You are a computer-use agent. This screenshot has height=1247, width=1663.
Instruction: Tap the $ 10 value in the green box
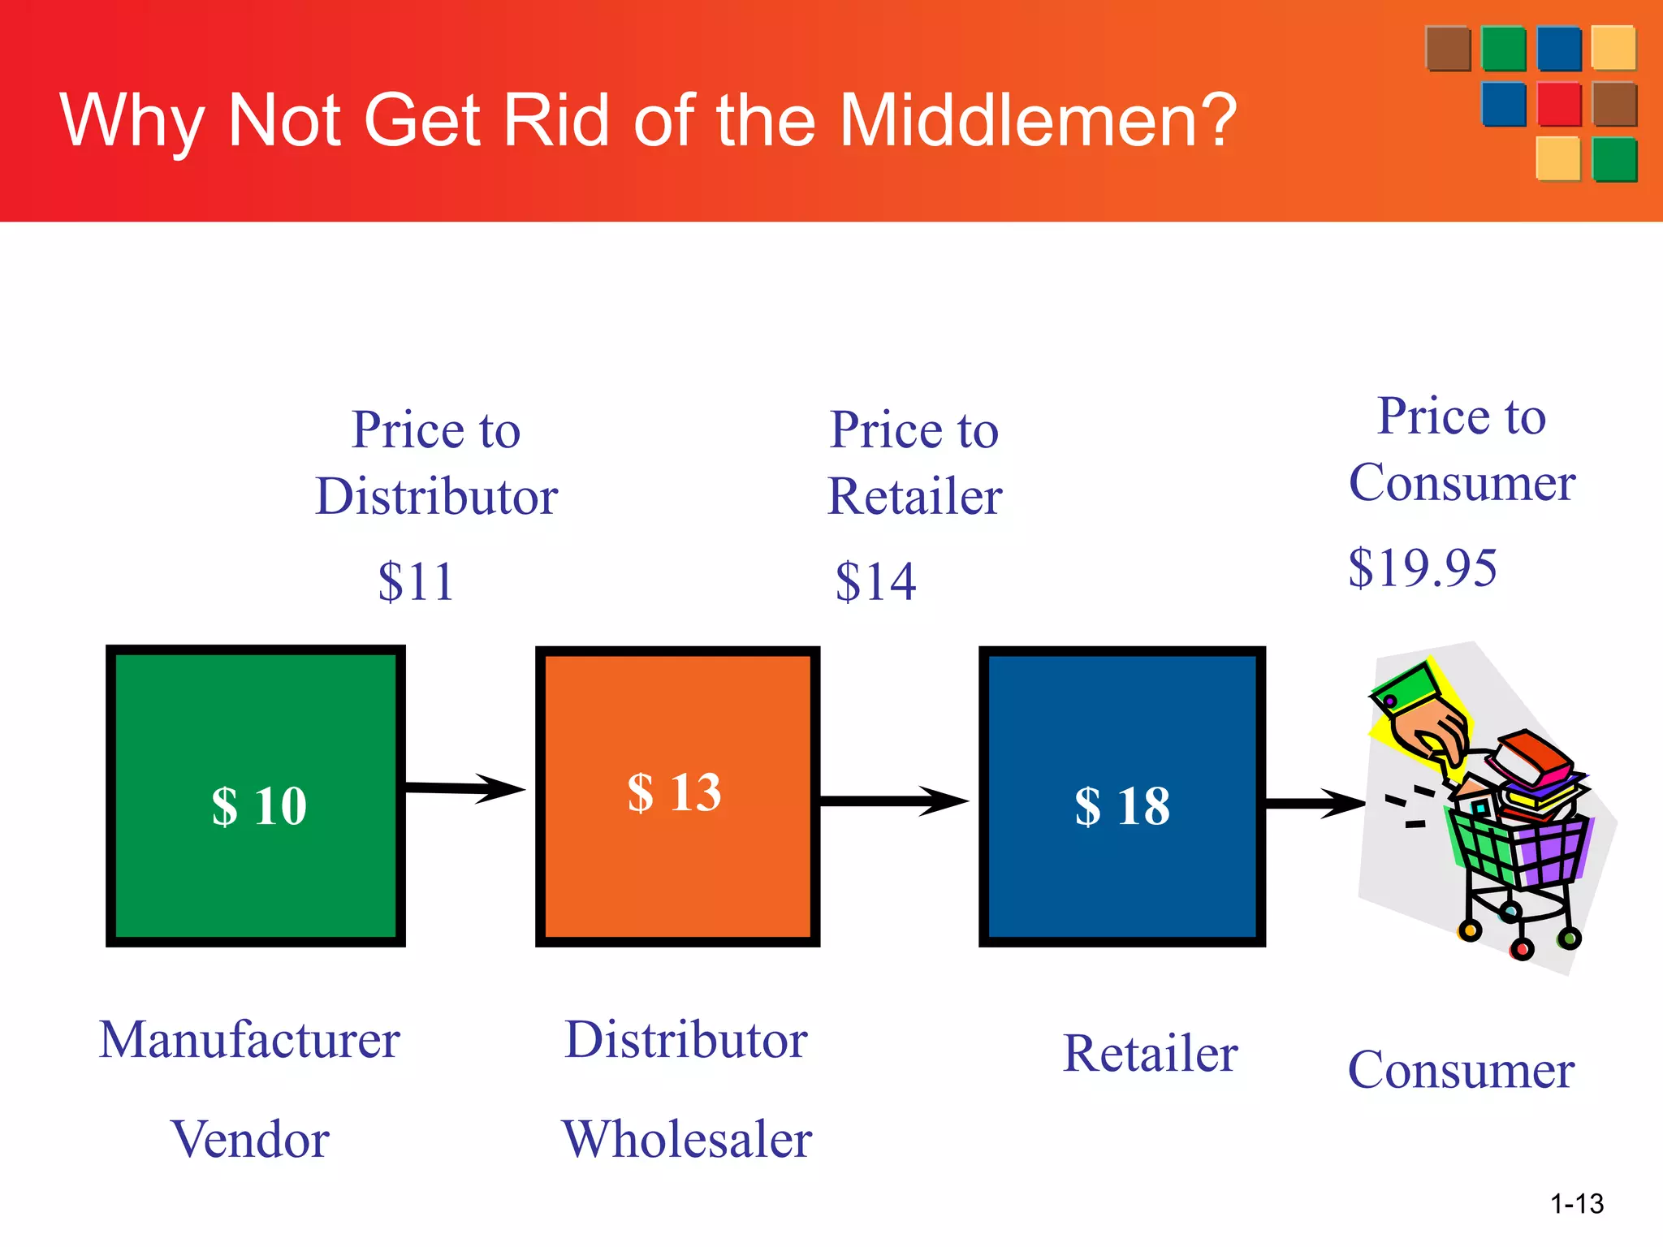(x=259, y=806)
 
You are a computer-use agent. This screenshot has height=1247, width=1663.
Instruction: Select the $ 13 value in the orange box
(x=674, y=792)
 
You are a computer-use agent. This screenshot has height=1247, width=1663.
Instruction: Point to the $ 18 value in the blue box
(x=1122, y=806)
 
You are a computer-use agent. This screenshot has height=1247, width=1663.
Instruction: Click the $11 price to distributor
(x=416, y=581)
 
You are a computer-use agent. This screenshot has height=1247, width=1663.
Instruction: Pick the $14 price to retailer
(x=875, y=581)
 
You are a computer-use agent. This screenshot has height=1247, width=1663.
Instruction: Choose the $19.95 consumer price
(x=1422, y=567)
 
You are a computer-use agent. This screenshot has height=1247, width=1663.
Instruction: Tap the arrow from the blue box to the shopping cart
(x=1315, y=804)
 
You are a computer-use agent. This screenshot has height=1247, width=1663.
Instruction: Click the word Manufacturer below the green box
(x=249, y=1040)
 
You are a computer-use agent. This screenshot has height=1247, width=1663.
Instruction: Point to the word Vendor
(x=250, y=1139)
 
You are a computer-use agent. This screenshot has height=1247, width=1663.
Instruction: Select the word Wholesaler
(x=687, y=1139)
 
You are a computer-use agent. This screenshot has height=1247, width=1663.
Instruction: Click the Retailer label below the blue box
(x=1150, y=1054)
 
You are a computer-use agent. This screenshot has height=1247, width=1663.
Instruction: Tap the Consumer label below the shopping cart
(x=1461, y=1070)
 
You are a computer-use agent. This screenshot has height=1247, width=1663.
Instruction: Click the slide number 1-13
(x=1577, y=1203)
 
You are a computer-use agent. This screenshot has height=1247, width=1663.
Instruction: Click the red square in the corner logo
(x=1559, y=104)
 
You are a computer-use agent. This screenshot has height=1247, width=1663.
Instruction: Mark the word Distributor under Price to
(x=437, y=496)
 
